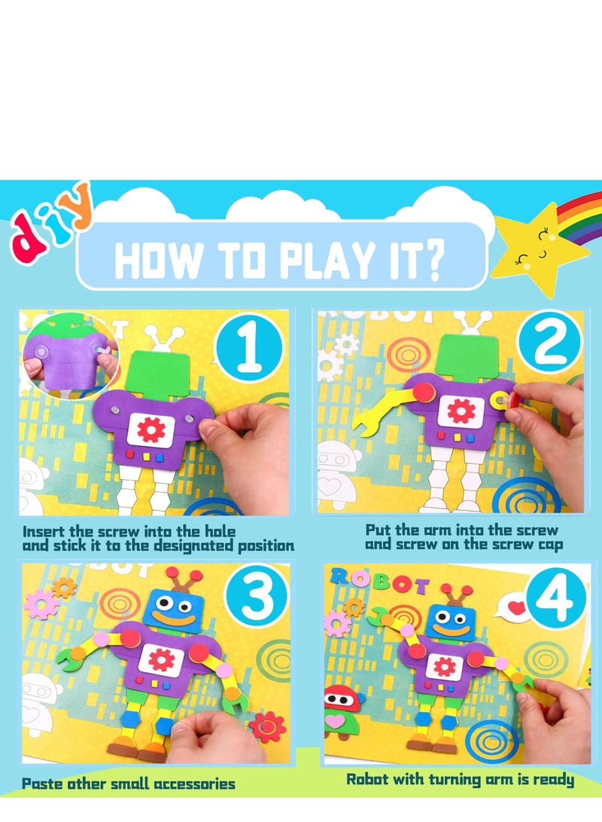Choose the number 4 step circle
point(555,600)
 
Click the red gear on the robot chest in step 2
point(461,411)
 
